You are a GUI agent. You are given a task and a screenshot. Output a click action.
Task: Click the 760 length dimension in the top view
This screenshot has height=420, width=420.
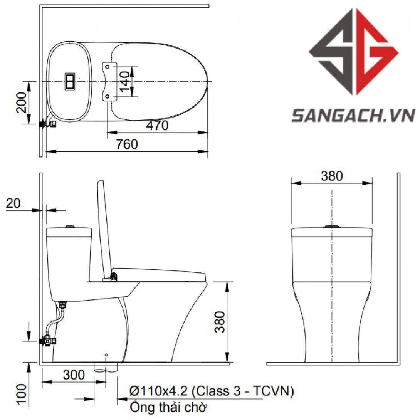click(127, 144)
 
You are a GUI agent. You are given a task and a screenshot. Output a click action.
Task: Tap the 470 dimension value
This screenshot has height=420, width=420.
click(157, 125)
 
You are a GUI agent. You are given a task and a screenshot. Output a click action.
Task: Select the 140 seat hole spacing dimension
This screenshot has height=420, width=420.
click(125, 81)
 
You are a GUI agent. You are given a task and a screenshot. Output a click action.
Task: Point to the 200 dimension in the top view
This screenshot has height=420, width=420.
click(22, 102)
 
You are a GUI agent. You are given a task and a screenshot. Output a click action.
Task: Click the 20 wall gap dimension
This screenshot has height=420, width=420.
click(13, 203)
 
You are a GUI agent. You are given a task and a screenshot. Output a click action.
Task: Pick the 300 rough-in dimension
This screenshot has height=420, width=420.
click(74, 375)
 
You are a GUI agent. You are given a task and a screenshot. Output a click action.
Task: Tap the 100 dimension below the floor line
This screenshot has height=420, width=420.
click(22, 393)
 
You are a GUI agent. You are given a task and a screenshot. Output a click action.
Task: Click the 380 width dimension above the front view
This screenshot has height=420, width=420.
click(332, 176)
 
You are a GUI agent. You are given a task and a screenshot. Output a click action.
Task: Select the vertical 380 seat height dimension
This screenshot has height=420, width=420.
click(220, 322)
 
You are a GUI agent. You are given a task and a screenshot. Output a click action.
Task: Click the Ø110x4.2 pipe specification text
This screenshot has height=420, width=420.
click(212, 391)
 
